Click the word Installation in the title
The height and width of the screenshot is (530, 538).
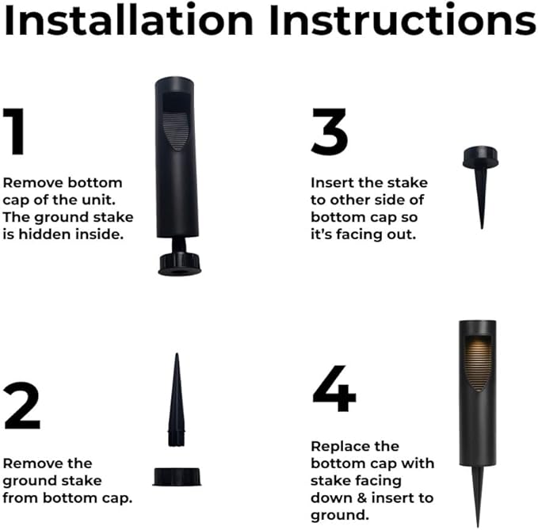(131, 21)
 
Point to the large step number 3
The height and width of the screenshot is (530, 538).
(330, 132)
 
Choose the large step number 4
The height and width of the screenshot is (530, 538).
(334, 389)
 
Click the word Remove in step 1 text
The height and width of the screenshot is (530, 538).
(29, 182)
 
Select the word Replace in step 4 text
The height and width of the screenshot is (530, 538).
(337, 446)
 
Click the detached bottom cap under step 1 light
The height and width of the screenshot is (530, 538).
(179, 265)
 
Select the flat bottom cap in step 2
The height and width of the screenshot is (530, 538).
(178, 475)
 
